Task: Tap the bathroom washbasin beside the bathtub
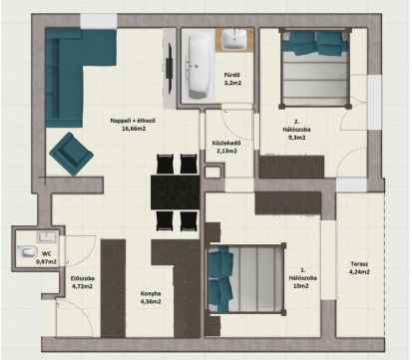point(234,39)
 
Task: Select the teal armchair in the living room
point(71,154)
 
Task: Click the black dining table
point(175,192)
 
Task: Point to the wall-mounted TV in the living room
point(170,68)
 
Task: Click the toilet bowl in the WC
point(27,251)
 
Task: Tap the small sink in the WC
point(48,237)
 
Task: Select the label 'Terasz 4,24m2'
point(359,268)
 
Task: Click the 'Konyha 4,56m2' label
point(151,297)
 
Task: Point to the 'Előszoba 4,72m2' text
point(83,282)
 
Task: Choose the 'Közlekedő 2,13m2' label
point(226,147)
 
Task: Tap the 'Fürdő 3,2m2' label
point(232,79)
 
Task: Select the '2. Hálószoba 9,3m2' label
point(296,130)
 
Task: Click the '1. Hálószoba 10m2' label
point(302,278)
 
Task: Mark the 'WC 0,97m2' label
point(46,257)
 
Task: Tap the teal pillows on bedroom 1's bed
point(219,280)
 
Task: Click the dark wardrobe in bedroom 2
point(291,167)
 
